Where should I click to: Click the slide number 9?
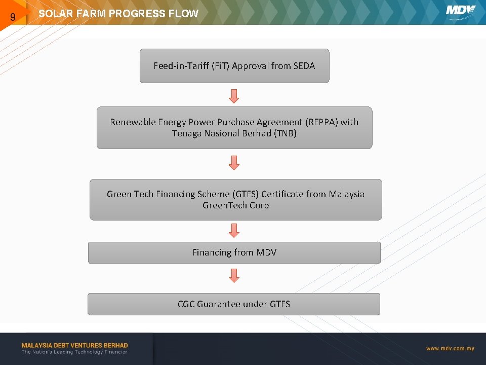point(13,18)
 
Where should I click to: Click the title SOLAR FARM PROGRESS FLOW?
point(118,14)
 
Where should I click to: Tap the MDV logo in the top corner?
point(460,12)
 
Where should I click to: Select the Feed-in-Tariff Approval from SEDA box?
point(234,66)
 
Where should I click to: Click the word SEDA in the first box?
point(304,66)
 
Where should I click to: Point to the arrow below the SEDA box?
point(234,95)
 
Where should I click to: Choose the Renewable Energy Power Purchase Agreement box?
point(234,128)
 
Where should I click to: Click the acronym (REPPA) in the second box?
point(321,122)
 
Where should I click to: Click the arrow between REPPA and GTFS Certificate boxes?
point(234,163)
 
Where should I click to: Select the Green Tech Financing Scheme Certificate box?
point(235,200)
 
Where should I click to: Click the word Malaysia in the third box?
point(347,194)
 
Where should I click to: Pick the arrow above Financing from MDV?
point(234,231)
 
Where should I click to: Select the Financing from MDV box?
point(234,252)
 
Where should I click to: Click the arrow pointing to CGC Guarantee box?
point(234,276)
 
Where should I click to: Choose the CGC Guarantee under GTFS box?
point(234,304)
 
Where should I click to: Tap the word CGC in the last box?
point(186,304)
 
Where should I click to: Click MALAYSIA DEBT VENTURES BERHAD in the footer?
point(74,345)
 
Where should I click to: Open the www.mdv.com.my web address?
point(450,348)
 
